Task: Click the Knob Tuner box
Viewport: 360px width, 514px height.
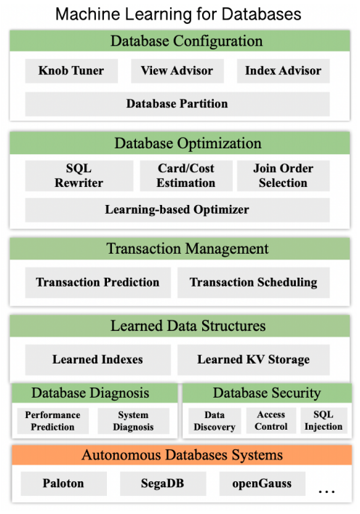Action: tap(71, 71)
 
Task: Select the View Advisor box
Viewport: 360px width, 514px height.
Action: tap(177, 71)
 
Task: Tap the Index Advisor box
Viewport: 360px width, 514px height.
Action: tap(284, 71)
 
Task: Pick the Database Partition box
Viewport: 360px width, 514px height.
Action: tap(177, 104)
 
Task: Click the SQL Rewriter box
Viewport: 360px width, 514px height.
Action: tap(79, 176)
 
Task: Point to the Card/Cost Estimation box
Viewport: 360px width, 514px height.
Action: tap(186, 176)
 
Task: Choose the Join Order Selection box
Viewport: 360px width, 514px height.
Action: tap(284, 176)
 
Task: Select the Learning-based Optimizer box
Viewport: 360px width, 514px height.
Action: tap(177, 210)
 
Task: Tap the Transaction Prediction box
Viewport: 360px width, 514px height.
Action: tap(98, 283)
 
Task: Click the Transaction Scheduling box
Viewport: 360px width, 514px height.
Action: tap(253, 283)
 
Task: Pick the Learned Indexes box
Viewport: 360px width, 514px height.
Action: tap(98, 360)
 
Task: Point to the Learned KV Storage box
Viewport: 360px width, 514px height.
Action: tap(253, 360)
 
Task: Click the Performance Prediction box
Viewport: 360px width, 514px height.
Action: tap(53, 421)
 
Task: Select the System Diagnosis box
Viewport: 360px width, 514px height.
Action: tap(133, 421)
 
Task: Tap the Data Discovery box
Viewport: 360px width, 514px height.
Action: tap(215, 421)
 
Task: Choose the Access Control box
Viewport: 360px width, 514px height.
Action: tap(271, 421)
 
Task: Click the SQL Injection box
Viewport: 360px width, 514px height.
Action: tap(324, 421)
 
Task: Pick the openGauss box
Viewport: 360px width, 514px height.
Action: tap(263, 484)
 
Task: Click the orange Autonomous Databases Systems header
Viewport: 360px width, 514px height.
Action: tap(182, 455)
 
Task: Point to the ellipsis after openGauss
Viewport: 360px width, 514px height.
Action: tap(327, 491)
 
